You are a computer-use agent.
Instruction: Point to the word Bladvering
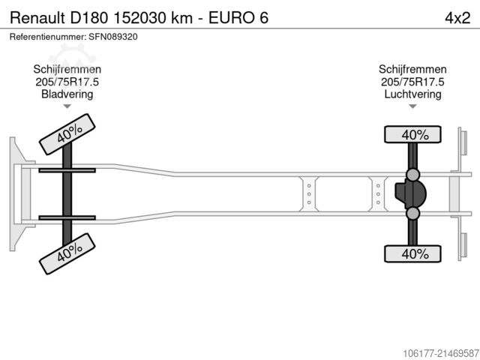67,94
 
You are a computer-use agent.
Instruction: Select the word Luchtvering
412,94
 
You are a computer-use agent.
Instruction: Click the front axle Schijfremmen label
67,69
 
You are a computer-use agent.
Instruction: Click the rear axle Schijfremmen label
412,69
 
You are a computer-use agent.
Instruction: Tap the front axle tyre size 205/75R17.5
67,82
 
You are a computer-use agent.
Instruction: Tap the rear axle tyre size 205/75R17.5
412,82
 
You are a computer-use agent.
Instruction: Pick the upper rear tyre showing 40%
412,135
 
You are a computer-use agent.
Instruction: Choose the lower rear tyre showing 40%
412,254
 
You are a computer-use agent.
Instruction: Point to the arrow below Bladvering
67,106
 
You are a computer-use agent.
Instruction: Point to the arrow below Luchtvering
412,106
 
